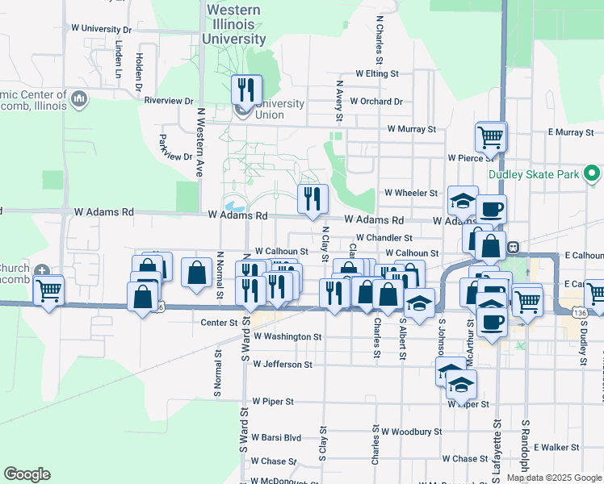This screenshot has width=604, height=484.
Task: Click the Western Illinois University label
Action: [x=234, y=24]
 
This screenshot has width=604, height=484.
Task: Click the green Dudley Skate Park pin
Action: [x=592, y=173]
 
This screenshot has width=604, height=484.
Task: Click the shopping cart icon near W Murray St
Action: [x=490, y=137]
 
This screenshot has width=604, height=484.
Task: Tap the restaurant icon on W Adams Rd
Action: [x=312, y=198]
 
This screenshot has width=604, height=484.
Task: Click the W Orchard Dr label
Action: [x=378, y=102]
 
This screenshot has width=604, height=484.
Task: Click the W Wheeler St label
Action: [x=411, y=193]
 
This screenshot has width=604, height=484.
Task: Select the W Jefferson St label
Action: [x=283, y=365]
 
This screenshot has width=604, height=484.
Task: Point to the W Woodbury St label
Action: [x=413, y=432]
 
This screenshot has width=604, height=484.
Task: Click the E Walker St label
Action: [x=556, y=447]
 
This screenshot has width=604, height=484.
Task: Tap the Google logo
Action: [x=27, y=474]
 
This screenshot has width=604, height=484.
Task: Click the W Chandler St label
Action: [x=385, y=238]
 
